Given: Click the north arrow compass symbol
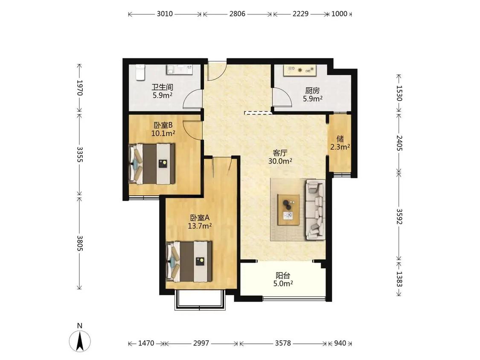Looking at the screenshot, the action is coord(80,340).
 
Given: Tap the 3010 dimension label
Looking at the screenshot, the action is coord(165,14).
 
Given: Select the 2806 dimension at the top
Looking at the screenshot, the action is coord(237,14).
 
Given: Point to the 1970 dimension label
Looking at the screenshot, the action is coord(80,88).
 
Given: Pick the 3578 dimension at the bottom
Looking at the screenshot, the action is coord(282,343).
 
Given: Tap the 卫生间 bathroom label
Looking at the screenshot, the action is coord(162,87).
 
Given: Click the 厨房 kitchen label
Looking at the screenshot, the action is coord(312,90).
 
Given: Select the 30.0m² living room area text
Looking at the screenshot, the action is coord(280,161).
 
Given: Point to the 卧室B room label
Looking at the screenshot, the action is coord(163,125).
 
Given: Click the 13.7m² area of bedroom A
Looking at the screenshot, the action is coord(200,226).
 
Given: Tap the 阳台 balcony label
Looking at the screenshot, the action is coord(283,276).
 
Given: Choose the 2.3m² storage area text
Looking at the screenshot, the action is coord(340,147).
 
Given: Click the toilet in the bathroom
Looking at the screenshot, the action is coord(140,72).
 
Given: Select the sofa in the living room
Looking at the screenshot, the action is coord(315,210).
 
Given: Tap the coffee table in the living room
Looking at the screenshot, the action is coord(289,210).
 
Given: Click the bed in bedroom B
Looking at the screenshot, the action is coord(152,164).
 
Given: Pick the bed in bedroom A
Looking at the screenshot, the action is coord(189,261).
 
